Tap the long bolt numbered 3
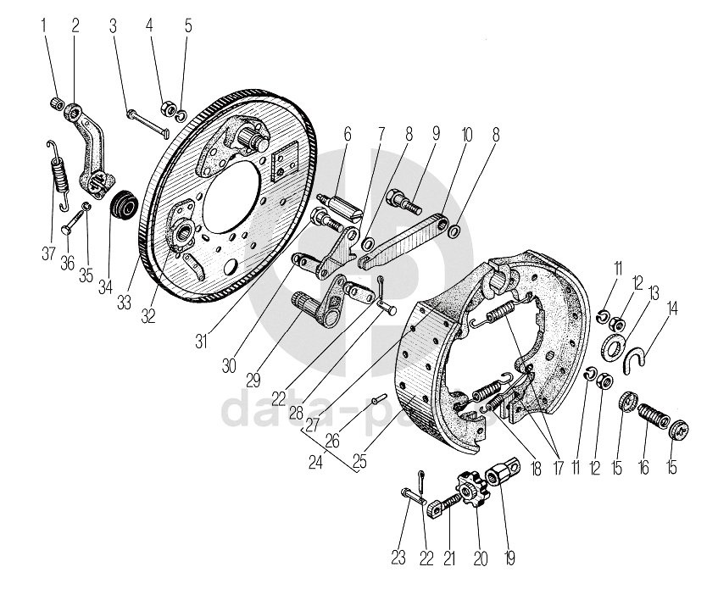click(149, 120)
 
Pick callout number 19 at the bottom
click(509, 558)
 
